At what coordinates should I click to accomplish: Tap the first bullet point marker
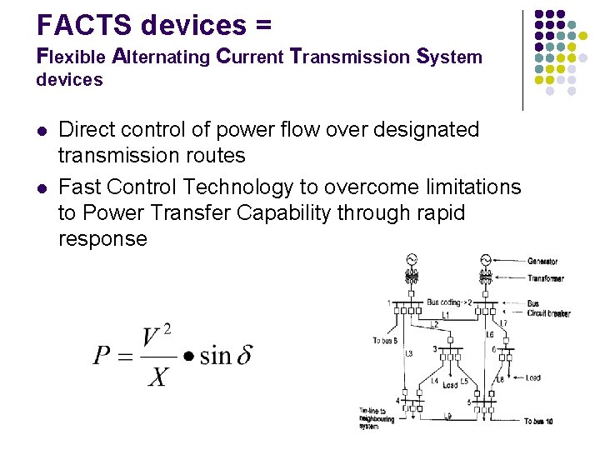click(42, 131)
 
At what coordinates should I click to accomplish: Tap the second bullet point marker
click(42, 187)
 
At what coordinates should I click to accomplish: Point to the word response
click(102, 239)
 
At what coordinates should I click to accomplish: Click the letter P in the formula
click(102, 356)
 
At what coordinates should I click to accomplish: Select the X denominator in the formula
click(157, 377)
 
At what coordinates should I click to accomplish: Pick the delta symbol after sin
click(244, 356)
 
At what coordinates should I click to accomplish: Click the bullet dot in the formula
click(189, 357)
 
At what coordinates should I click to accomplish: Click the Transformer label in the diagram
click(545, 279)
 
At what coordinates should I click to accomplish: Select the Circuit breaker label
click(548, 313)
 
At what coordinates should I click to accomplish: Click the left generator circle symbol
click(411, 262)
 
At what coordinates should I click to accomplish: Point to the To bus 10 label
click(538, 422)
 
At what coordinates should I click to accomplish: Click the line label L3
click(408, 353)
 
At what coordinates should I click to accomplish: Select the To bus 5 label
click(385, 340)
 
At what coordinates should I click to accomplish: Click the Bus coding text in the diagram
click(447, 302)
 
